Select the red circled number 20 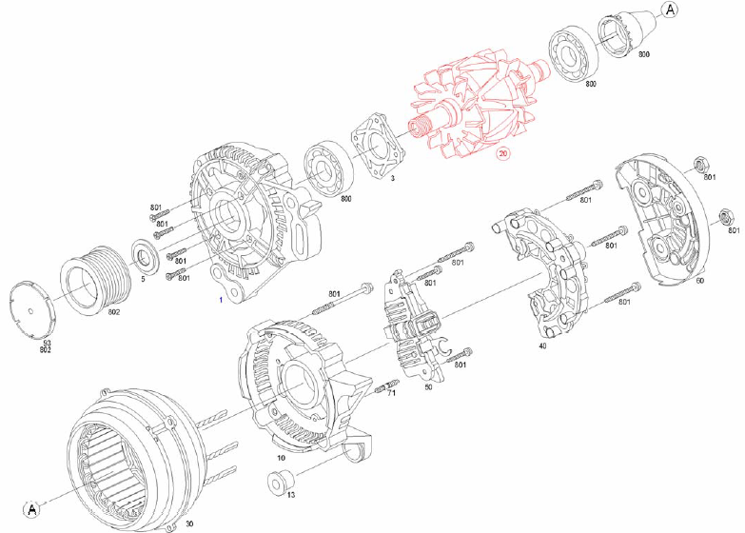coord(503,153)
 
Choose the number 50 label coord(428,387)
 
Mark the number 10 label coord(281,458)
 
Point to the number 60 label coord(700,282)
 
